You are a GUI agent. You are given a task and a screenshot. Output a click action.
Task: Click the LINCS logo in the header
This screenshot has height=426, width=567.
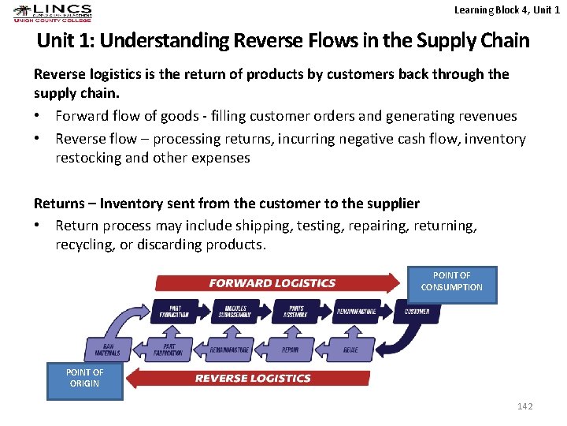(x=52, y=13)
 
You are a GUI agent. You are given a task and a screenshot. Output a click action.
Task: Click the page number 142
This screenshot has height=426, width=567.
(x=524, y=406)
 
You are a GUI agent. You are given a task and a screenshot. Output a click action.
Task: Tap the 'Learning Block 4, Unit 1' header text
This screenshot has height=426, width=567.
(x=506, y=9)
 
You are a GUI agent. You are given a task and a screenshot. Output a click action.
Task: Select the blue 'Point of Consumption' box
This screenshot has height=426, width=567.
(x=452, y=284)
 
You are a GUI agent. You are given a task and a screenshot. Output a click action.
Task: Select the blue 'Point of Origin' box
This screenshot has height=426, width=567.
(x=84, y=380)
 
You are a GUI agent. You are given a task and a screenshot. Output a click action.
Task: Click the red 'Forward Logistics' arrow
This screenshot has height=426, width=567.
(x=272, y=283)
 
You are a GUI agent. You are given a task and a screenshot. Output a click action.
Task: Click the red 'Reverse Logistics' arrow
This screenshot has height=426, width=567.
(x=252, y=378)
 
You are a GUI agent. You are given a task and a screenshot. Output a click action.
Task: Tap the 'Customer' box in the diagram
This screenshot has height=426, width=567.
(x=417, y=312)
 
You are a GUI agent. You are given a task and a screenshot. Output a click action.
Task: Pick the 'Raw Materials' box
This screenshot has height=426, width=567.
(x=107, y=349)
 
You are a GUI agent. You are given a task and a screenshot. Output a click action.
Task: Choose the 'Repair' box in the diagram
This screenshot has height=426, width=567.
(x=290, y=349)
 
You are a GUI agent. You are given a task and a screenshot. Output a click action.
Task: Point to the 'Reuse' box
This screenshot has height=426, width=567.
(x=350, y=349)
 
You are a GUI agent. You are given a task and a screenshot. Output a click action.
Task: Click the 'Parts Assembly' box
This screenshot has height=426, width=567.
(x=296, y=312)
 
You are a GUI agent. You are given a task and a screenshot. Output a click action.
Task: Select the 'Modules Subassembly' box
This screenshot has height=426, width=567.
(x=235, y=312)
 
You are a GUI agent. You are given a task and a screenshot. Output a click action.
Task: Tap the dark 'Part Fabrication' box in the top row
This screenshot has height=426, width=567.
(x=174, y=312)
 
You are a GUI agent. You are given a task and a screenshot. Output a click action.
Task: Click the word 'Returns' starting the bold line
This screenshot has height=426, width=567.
(x=60, y=204)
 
